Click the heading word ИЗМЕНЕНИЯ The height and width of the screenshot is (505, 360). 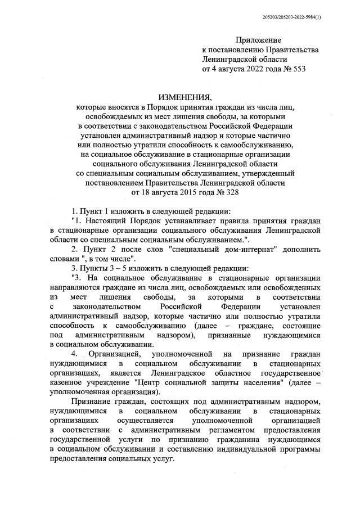(184, 96)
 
